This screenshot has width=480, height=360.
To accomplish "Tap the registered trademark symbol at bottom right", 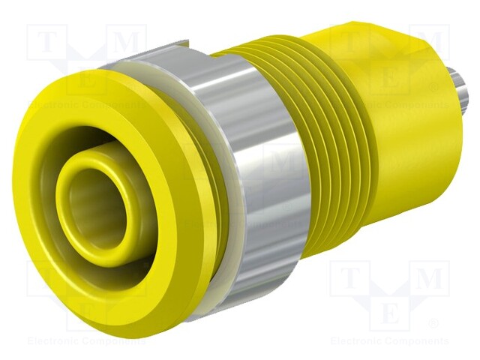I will pos(433,325).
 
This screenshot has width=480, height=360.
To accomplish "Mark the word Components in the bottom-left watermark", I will pos(112,341).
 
